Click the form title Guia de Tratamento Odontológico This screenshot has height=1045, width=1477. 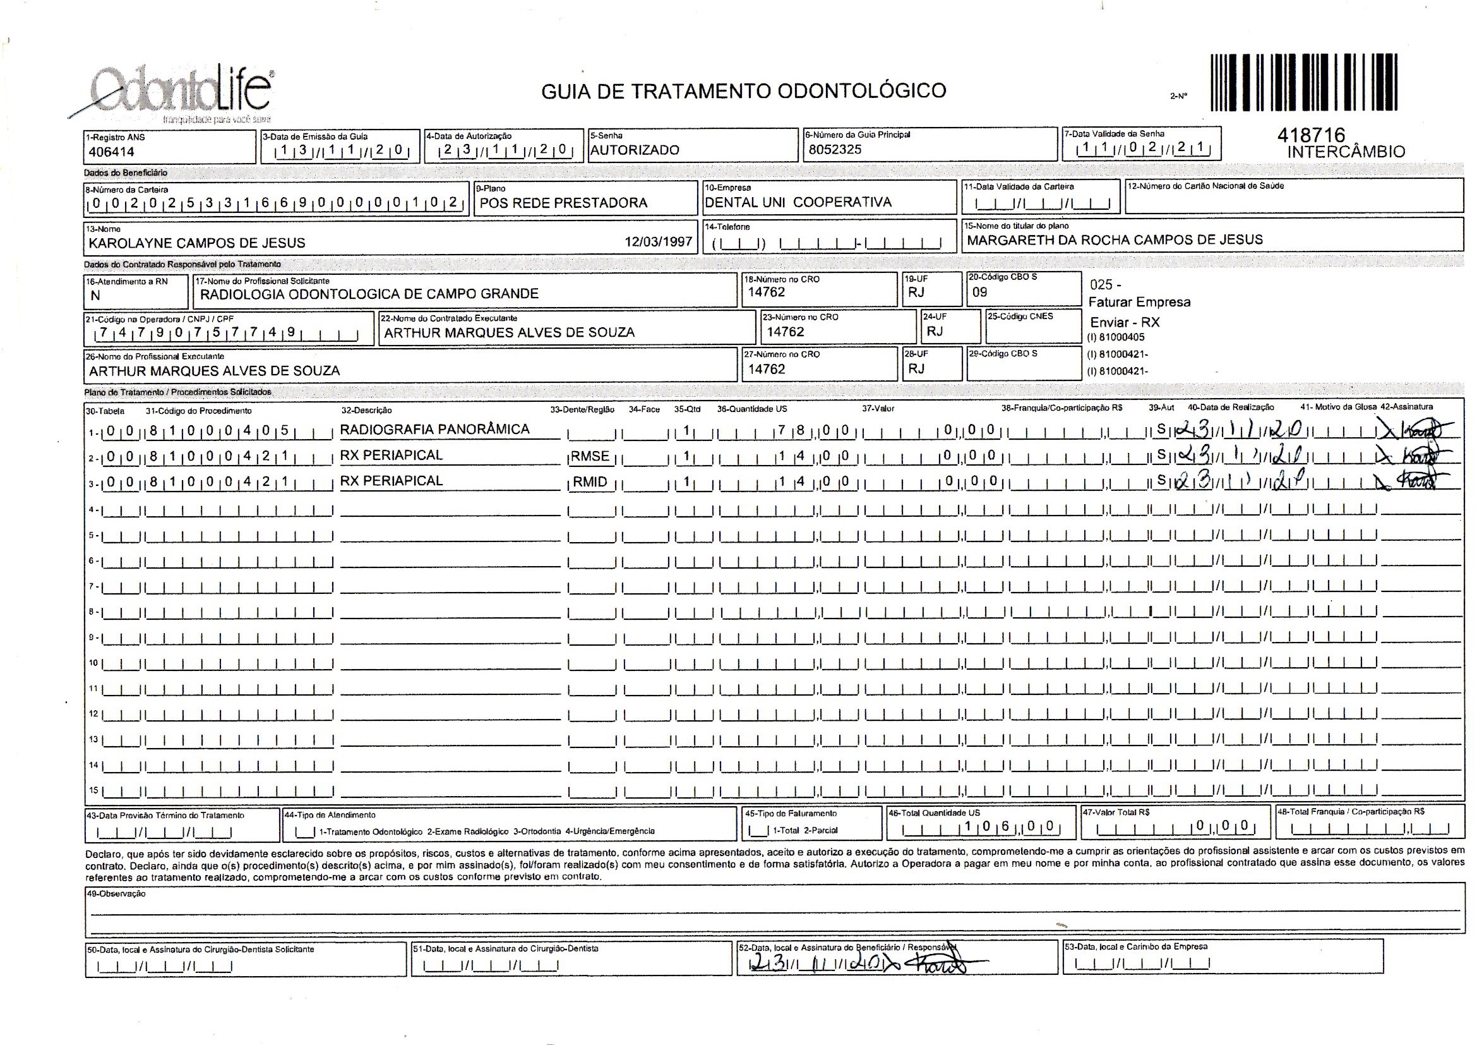pos(743,91)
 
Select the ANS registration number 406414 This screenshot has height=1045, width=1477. pos(112,152)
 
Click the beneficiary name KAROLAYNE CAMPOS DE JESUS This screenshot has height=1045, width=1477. pos(197,243)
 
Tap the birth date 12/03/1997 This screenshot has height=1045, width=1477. pos(658,242)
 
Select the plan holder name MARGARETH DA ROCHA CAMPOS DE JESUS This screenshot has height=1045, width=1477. pos(1115,240)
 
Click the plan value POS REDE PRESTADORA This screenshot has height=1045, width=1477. pos(563,203)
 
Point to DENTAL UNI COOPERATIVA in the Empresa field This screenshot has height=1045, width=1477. pos(798,202)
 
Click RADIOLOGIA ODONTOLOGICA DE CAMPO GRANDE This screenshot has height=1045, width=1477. pos(369,294)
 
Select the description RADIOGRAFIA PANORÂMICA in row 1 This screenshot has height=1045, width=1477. pos(434,429)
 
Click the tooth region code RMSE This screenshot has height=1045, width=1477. pos(589,456)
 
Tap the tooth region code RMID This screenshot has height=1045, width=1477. pos(589,482)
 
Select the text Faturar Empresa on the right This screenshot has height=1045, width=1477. pos(1139,303)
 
